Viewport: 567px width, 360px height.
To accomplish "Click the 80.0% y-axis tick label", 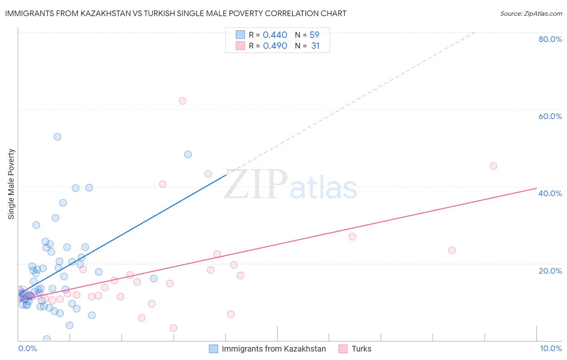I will click(550, 39).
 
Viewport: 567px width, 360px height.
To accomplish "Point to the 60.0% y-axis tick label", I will click(550, 116).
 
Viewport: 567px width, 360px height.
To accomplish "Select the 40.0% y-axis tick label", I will click(550, 193).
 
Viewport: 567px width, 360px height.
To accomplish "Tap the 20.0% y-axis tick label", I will click(550, 270).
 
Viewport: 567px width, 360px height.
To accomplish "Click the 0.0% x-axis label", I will click(27, 348).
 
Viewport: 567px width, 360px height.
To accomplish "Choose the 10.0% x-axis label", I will click(550, 348).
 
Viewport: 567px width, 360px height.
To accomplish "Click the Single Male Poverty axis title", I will click(11, 184).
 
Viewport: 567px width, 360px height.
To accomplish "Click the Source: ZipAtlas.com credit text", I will click(531, 13).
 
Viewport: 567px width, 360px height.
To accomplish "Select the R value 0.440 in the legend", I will click(275, 35).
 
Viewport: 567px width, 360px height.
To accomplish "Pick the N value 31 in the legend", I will click(315, 46).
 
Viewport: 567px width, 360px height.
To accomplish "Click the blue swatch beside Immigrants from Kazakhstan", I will click(213, 349).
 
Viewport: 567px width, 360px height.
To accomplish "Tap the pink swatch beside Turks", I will click(343, 349).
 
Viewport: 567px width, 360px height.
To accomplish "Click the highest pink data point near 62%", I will click(182, 101).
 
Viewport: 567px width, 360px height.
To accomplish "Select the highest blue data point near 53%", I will click(57, 137).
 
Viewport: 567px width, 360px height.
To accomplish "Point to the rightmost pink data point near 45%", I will click(493, 166).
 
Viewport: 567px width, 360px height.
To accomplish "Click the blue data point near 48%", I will click(188, 155).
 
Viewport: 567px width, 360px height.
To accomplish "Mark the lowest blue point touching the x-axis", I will click(47, 339).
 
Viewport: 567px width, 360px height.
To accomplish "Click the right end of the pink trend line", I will click(536, 188).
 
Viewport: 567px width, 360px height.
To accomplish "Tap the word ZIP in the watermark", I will click(255, 185).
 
